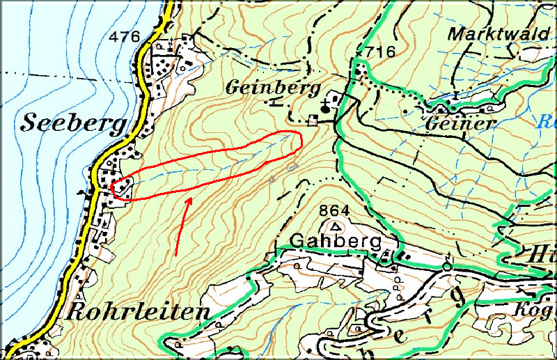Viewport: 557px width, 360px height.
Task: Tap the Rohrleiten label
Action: point(137,312)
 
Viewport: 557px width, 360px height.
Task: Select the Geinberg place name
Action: point(272,88)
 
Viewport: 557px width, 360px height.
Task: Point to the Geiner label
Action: point(460,123)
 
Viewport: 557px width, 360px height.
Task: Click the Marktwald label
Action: point(498,33)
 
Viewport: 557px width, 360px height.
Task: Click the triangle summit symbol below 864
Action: point(337,226)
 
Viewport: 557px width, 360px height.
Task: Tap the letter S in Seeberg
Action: point(30,123)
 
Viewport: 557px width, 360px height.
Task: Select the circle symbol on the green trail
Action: point(446,265)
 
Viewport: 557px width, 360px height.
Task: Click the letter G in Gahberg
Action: point(297,242)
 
